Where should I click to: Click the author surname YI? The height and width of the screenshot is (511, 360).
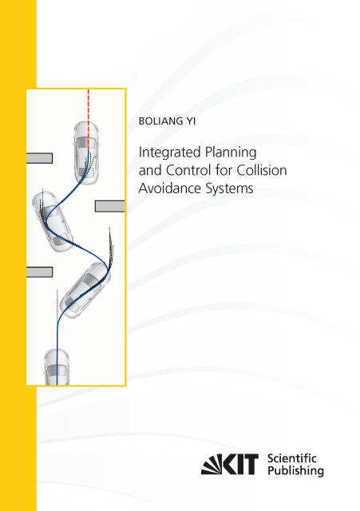(x=191, y=121)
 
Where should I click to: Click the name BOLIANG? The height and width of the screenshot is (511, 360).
(x=161, y=121)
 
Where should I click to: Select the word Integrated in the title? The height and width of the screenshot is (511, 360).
(x=169, y=153)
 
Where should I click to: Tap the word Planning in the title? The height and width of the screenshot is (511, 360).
(x=231, y=153)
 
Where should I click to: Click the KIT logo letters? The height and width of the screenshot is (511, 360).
(x=230, y=464)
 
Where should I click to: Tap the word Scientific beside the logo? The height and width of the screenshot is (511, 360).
(x=291, y=458)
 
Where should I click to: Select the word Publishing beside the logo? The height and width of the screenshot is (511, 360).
(x=295, y=471)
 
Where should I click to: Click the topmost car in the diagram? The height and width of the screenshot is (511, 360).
(x=86, y=153)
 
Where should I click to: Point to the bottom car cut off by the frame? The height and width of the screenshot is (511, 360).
(x=57, y=367)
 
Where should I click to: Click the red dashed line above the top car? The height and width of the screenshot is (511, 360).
(x=89, y=120)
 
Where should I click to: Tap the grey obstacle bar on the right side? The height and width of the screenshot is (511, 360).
(x=110, y=206)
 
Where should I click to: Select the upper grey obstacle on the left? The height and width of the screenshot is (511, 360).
(x=39, y=158)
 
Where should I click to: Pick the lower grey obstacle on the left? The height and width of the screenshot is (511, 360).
(x=39, y=271)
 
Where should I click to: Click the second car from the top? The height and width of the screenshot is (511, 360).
(x=53, y=222)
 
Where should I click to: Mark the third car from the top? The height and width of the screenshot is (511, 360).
(x=85, y=290)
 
